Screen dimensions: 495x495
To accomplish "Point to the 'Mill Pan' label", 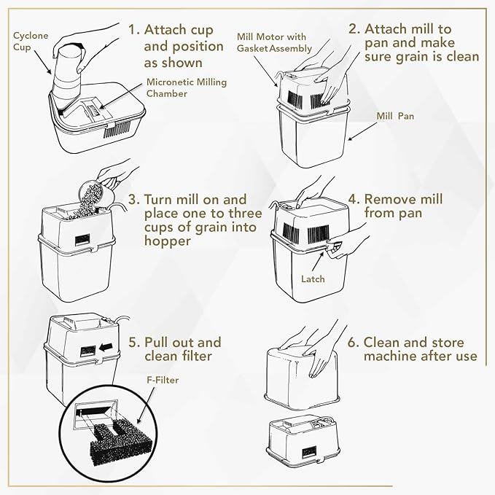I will pos(395,115).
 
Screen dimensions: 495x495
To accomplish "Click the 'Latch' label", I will pos(313,279).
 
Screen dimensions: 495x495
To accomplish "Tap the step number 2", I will pos(354,30).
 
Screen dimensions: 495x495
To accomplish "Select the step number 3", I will pos(133,200).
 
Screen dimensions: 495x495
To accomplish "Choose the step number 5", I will pos(133,343).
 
